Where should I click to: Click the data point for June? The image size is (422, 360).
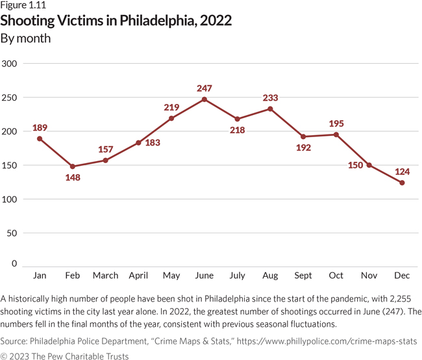tap(205, 99)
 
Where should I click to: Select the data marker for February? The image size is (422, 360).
tap(73, 166)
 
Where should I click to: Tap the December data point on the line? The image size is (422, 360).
tap(402, 183)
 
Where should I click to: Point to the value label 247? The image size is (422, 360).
tap(205, 88)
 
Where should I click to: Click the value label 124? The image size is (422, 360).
tap(402, 172)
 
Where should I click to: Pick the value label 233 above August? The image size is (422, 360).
tap(270, 97)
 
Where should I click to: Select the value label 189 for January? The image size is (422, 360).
tap(40, 127)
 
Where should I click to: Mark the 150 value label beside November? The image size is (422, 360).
tap(355, 165)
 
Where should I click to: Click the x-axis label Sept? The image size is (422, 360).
tap(303, 276)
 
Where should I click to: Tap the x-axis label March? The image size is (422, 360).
tap(105, 276)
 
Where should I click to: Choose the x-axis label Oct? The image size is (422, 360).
tap(336, 276)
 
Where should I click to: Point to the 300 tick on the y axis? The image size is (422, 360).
tap(10, 64)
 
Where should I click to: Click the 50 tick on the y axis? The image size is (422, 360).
tap(12, 233)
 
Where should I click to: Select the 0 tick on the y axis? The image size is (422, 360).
tap(14, 264)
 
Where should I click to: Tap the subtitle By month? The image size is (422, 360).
tap(25, 38)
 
